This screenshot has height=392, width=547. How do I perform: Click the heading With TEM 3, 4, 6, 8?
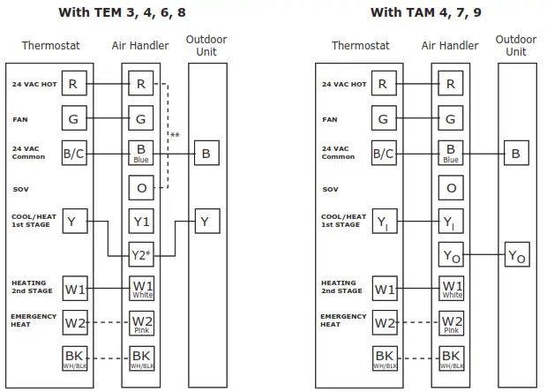point(135,12)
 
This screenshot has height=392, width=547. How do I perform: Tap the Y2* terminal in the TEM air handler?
point(142,256)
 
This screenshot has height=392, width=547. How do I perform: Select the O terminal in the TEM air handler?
point(142,188)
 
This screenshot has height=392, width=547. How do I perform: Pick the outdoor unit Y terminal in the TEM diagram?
point(205,222)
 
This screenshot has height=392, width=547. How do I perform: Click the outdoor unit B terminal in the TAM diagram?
point(516,154)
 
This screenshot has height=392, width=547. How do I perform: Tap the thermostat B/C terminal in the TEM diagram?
point(74,154)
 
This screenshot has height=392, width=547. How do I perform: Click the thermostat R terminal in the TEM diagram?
point(74,85)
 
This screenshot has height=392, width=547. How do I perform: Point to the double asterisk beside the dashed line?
point(176,135)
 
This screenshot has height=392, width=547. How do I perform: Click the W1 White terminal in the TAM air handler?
point(451,290)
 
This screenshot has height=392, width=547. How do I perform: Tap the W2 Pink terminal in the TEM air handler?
point(142,323)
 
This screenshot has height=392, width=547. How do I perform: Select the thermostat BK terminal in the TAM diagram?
point(383,358)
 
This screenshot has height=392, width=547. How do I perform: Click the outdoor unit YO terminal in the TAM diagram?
point(516,256)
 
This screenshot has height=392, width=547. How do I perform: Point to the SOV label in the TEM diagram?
point(21,189)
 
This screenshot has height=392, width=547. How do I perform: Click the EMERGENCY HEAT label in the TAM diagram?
point(339,320)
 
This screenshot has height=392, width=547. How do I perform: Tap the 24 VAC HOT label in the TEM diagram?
point(30,85)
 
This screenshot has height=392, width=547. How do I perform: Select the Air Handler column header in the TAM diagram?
point(450,46)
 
